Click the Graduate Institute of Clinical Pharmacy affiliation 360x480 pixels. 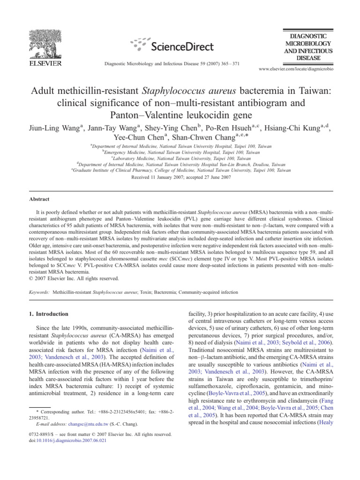coord(180,171)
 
